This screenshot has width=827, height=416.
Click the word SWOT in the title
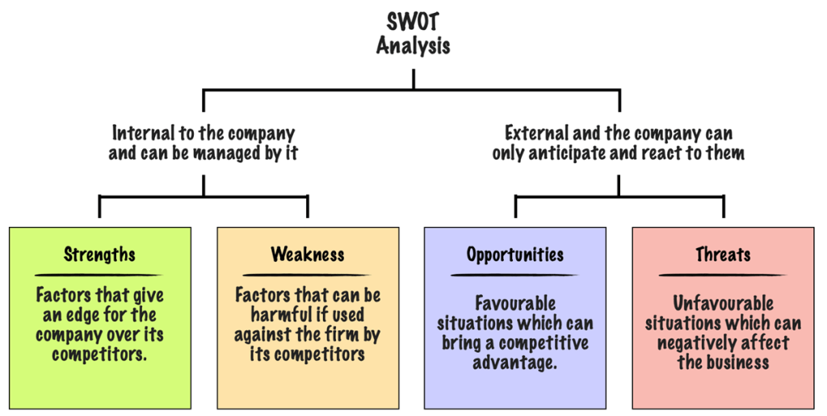pyautogui.click(x=413, y=19)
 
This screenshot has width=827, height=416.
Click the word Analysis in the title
pyautogui.click(x=413, y=45)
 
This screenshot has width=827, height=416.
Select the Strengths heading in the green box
pyautogui.click(x=99, y=254)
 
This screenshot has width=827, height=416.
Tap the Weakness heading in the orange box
pyautogui.click(x=308, y=254)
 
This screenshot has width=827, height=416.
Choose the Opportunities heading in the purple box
pyautogui.click(x=515, y=254)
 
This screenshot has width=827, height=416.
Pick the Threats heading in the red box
pyautogui.click(x=723, y=254)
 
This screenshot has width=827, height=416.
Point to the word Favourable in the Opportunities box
pyautogui.click(x=515, y=304)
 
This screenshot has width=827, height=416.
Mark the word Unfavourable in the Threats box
pyautogui.click(x=723, y=304)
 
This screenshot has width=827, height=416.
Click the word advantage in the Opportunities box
pyautogui.click(x=515, y=363)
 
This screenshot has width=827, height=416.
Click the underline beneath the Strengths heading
pyautogui.click(x=99, y=275)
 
